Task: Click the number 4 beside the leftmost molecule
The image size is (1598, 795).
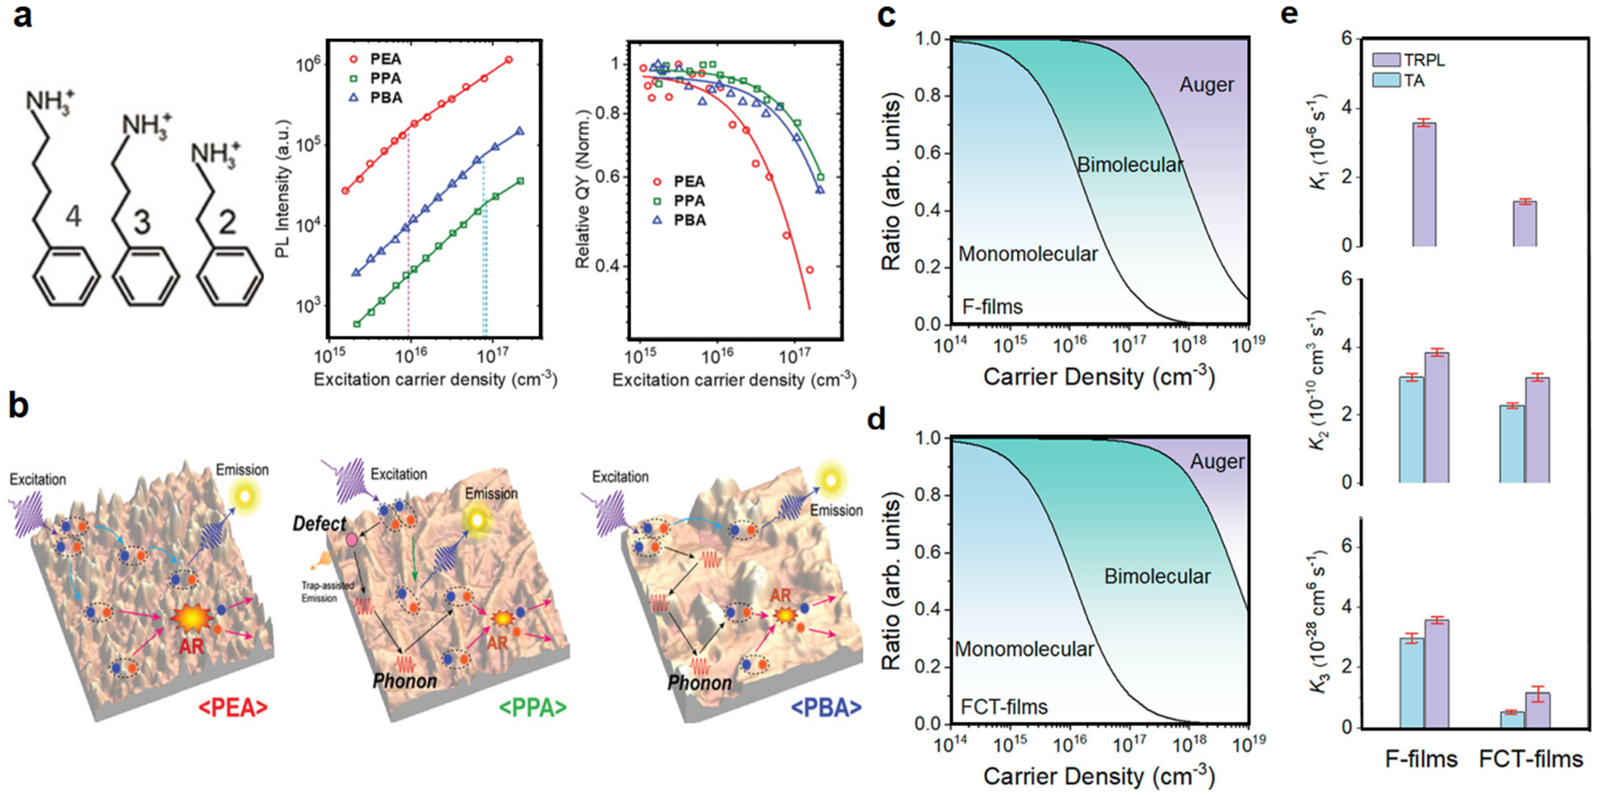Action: point(73,216)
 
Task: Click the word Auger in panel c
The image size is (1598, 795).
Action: point(1206,85)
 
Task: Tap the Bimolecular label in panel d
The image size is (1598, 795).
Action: point(1157,577)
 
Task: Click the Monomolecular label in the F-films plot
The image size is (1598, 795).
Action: point(1028,254)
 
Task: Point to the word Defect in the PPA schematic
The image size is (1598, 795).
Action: point(319,524)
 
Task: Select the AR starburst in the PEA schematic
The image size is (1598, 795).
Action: point(192,619)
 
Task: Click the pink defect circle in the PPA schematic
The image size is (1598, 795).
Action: point(352,539)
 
